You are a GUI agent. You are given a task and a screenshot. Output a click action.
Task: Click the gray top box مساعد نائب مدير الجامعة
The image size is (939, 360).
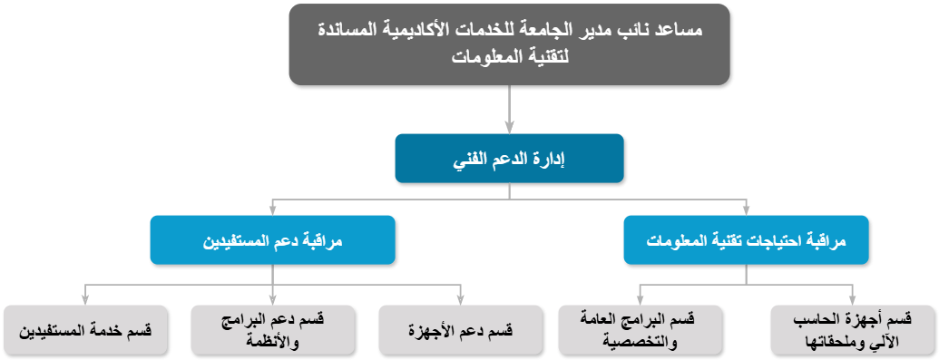point(509,44)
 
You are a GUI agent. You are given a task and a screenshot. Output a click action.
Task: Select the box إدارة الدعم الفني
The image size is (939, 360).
point(509,159)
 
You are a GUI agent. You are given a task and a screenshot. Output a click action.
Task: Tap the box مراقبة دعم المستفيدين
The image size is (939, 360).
point(272,240)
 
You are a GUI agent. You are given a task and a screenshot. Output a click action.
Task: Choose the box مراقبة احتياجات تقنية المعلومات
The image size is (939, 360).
point(746,240)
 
